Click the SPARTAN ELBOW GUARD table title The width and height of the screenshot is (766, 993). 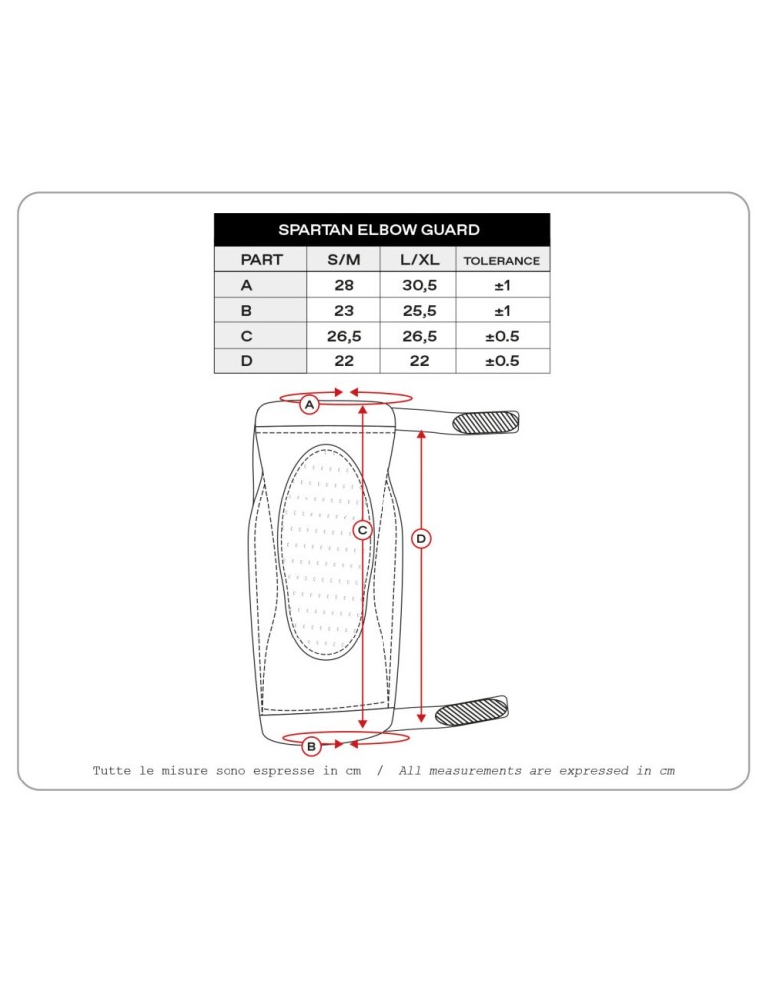[379, 230]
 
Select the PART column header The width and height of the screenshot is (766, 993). [261, 259]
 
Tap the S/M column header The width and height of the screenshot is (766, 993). [344, 259]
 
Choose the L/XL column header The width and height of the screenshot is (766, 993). [419, 259]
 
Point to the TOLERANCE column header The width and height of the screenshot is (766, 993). [502, 261]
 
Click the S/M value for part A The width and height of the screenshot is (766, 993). [344, 285]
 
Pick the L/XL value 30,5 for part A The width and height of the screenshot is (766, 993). [419, 286]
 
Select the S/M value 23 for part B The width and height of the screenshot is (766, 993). [344, 310]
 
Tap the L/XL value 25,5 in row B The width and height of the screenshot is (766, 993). [419, 311]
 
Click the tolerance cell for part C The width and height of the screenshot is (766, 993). [502, 336]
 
